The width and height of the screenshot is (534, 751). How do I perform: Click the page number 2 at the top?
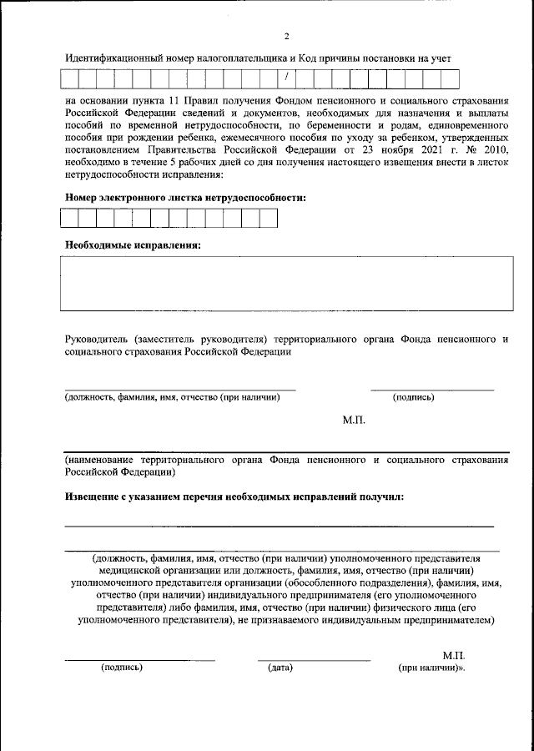285,36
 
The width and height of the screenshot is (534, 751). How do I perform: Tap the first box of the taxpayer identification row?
68,79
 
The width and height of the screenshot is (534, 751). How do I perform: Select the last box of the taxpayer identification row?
451,79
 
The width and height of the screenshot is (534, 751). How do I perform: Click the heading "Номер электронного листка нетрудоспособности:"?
185,198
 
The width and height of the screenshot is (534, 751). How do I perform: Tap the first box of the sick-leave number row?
68,219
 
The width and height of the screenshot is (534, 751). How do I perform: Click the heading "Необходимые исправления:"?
133,245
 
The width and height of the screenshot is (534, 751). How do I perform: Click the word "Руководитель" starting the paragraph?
95,340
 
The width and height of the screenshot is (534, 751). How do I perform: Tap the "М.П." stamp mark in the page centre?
355,421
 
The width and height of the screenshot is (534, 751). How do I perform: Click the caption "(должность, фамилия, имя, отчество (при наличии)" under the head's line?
173,397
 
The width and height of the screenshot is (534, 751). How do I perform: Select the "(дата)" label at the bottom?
280,668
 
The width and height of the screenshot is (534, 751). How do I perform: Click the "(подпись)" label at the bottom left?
122,668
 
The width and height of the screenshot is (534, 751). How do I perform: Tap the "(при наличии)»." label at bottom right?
431,668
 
